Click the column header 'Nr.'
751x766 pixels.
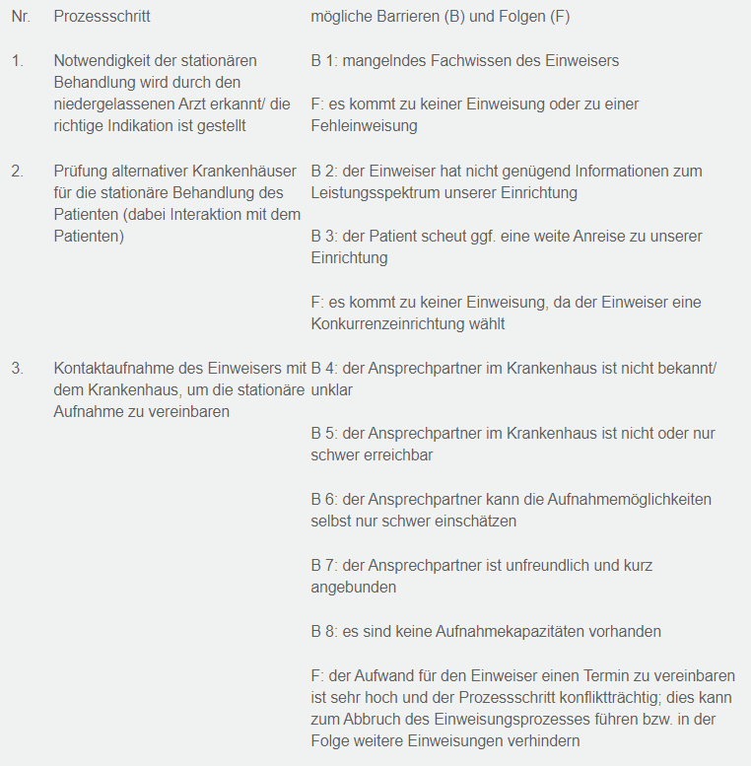[x=21, y=18]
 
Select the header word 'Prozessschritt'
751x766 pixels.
[x=102, y=18]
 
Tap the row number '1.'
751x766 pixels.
[x=18, y=61]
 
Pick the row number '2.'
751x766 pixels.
[x=18, y=172]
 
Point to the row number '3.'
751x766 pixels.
[x=18, y=369]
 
